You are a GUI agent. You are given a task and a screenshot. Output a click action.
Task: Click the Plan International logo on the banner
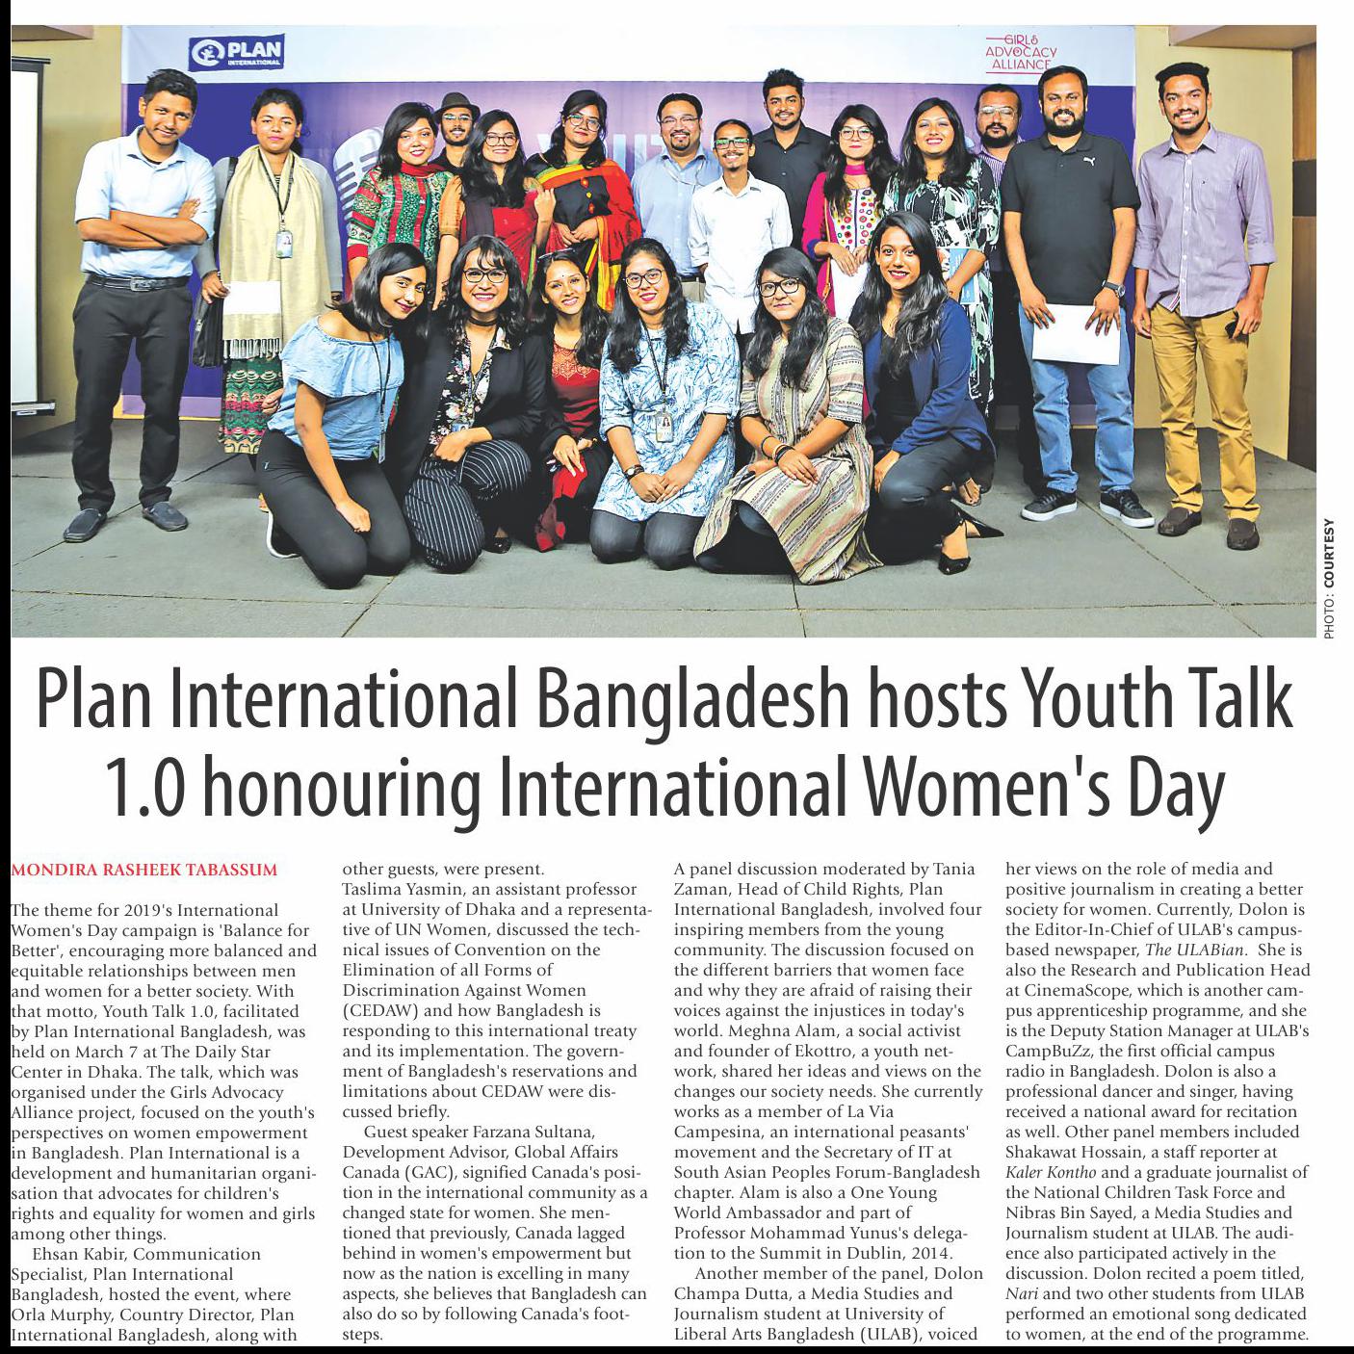click(x=237, y=52)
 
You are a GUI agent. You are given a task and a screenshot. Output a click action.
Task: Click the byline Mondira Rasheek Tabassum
click(x=143, y=871)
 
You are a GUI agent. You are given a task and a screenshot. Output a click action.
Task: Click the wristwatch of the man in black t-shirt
click(x=1113, y=288)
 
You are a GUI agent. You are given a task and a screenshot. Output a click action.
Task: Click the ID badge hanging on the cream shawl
click(x=284, y=242)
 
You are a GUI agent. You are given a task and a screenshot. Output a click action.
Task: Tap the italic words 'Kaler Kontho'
click(x=1052, y=1172)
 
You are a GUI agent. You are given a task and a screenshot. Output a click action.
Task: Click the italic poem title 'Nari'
click(x=1023, y=1293)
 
